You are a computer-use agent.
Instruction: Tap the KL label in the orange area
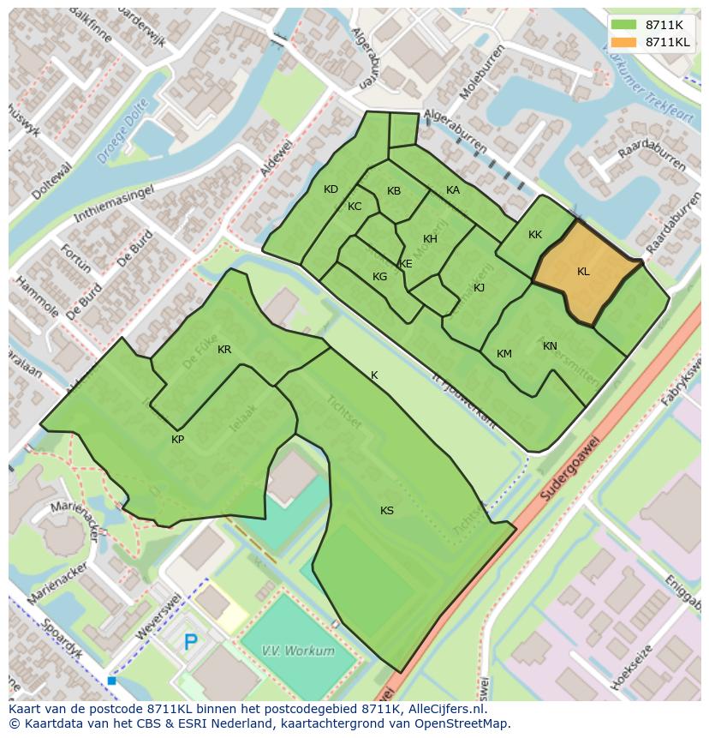tap(583, 272)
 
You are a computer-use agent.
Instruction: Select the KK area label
tap(535, 235)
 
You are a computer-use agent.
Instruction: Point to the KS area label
tap(387, 511)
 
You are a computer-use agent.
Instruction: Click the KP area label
tap(177, 440)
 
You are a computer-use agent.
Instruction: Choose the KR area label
tap(224, 350)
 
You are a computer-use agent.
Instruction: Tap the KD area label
tap(331, 189)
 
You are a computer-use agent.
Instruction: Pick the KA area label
tap(453, 190)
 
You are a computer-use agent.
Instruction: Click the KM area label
tap(504, 354)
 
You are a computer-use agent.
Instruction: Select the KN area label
tap(550, 346)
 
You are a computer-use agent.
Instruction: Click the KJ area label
tap(479, 288)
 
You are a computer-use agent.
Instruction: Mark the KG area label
tap(379, 277)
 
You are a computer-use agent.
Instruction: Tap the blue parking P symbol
tap(191, 641)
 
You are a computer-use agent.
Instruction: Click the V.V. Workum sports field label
tap(297, 651)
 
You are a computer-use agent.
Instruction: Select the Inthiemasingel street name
tap(113, 204)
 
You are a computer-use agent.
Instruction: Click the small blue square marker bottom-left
tap(112, 681)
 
